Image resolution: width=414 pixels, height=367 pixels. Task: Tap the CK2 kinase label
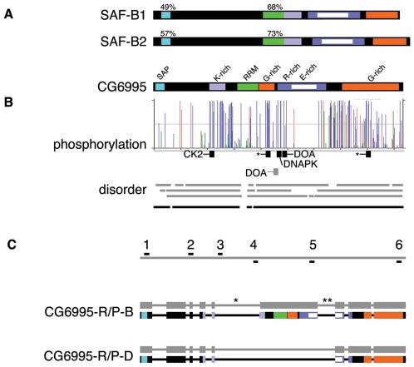click(x=193, y=154)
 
